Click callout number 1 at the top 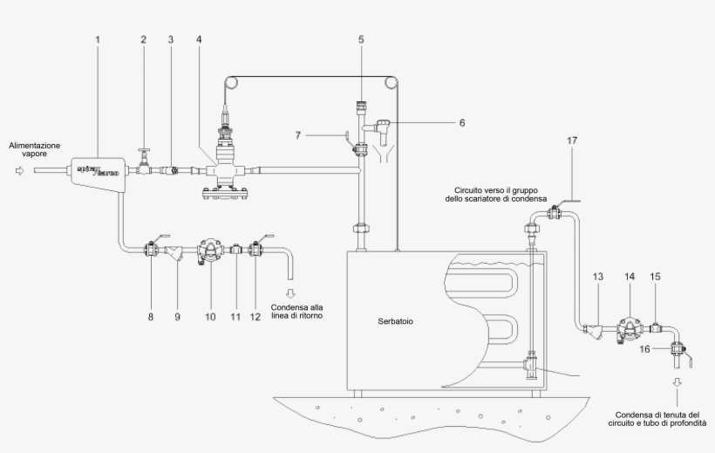[x=98, y=40]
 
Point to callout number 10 [x=210, y=317]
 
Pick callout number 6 [x=461, y=123]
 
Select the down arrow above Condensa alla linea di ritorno [x=292, y=292]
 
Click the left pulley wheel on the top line [x=232, y=85]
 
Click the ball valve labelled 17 [x=553, y=212]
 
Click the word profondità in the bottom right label [x=688, y=422]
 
